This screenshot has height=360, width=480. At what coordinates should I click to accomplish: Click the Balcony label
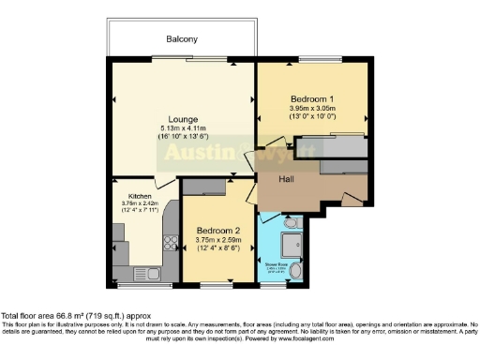(x=181, y=39)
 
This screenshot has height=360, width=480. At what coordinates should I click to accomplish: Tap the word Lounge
(x=182, y=119)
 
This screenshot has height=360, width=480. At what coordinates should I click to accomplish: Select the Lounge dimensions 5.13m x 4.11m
(x=182, y=128)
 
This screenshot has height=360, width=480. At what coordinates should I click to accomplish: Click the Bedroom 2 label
(x=217, y=230)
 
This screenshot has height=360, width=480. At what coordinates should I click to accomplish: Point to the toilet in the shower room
(x=290, y=224)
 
